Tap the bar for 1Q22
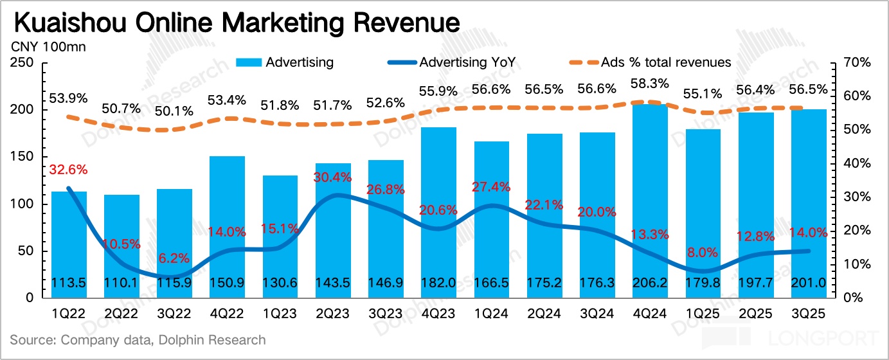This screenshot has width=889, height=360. pos(69,244)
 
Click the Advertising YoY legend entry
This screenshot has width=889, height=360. pos(463,62)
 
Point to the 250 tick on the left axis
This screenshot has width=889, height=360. pos(22,63)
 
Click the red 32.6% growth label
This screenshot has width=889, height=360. pos(68,170)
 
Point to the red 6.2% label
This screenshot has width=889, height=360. pos(174,258)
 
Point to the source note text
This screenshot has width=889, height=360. pos(138,339)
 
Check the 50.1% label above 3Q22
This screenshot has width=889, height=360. pos(175,111)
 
